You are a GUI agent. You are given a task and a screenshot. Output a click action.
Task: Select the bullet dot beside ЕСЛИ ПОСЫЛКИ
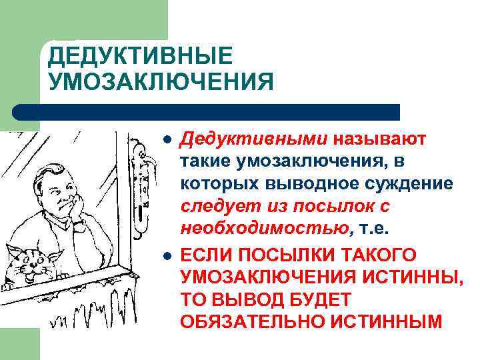click(168, 255)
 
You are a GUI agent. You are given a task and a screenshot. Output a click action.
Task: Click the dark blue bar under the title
click(207, 111)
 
